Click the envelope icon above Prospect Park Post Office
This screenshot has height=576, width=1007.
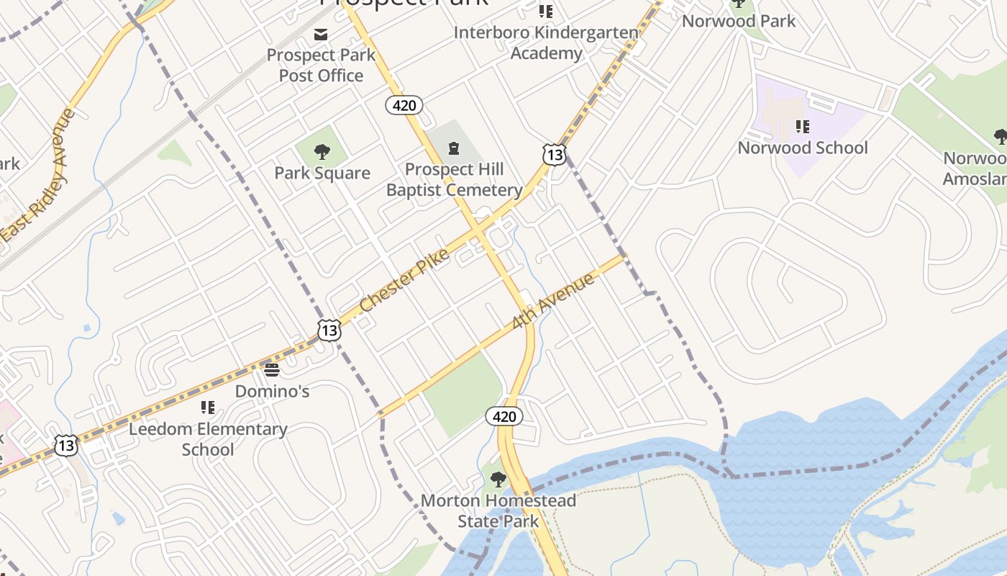point(321,35)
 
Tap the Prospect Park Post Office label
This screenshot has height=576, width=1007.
point(321,65)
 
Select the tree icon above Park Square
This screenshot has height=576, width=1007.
point(322,152)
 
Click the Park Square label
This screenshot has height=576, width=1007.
point(322,173)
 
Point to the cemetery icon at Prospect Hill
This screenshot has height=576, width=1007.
point(454,149)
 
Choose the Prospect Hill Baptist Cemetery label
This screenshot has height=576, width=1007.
point(455,179)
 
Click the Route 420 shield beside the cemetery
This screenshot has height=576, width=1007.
point(404,106)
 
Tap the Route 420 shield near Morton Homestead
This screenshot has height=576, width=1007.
point(504,416)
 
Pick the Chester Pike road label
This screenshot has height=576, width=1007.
point(404,280)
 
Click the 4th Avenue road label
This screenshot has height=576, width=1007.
point(553,301)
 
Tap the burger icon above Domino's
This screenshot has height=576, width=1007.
point(272,370)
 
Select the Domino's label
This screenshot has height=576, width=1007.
point(273,391)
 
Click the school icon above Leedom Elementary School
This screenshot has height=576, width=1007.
point(208,408)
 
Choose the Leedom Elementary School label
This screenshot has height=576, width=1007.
point(208,439)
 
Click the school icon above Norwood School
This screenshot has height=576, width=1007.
point(803,127)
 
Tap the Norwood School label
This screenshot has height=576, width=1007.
point(803,148)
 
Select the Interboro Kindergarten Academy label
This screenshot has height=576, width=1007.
point(547,42)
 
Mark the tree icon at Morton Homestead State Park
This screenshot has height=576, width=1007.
point(498,480)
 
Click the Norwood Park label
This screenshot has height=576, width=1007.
point(739,21)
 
